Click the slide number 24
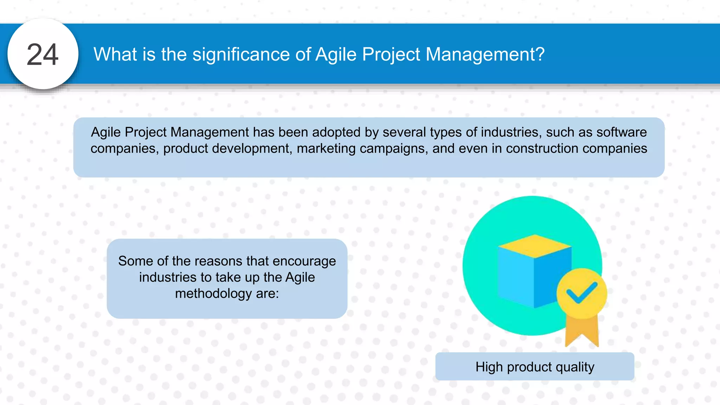click(43, 54)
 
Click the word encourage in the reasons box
click(304, 261)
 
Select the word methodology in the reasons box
click(213, 294)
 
